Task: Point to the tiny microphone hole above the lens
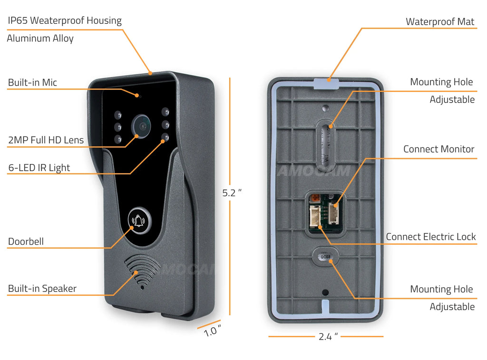(140, 96)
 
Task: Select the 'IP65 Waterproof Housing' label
(65, 21)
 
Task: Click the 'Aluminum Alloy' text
(40, 39)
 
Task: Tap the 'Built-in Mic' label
(32, 83)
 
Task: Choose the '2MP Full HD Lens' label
(46, 140)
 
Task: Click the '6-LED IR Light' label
(39, 168)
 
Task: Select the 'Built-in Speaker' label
(42, 289)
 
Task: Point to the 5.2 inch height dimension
(232, 193)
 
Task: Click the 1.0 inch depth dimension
(212, 331)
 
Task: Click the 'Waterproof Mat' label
(439, 22)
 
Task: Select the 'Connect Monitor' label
(438, 149)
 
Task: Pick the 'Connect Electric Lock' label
(430, 237)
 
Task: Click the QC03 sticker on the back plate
(325, 257)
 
